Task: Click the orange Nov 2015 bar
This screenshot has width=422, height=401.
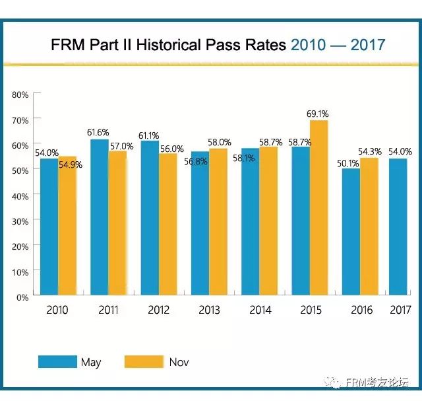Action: point(318,208)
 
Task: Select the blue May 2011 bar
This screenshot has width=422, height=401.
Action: point(100,218)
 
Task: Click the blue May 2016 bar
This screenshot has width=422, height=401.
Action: point(350,232)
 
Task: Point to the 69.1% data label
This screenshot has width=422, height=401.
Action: point(318,114)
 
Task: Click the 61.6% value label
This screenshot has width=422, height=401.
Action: point(98,133)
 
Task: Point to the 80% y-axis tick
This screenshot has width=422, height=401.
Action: point(20,94)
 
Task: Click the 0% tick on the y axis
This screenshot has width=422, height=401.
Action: point(22,297)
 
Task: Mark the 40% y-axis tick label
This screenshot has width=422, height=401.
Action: point(20,196)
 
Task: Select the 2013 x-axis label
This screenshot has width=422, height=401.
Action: point(210,310)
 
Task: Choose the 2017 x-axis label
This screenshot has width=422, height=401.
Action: point(400,310)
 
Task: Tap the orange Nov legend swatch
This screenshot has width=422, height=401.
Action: point(144,362)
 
